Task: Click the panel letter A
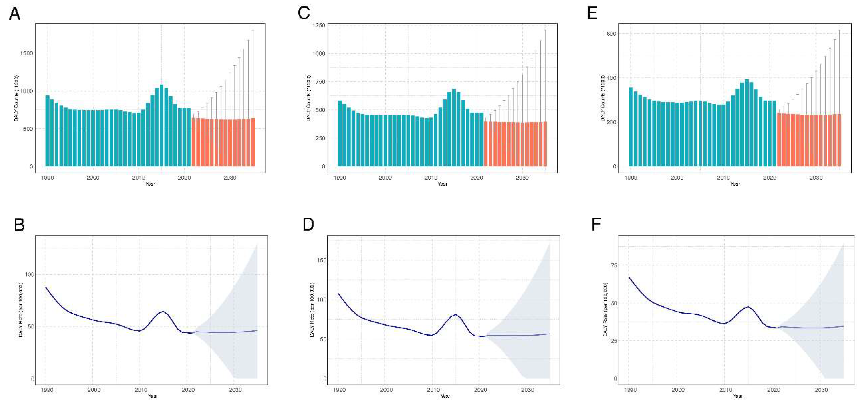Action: click(14, 14)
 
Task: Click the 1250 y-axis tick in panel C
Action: click(318, 25)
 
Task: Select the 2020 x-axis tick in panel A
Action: click(184, 178)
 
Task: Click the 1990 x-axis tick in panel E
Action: click(630, 178)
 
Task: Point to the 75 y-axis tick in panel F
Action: click(614, 265)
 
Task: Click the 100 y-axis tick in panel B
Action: click(29, 274)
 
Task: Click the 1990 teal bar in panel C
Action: click(340, 133)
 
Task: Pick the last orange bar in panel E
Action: click(839, 140)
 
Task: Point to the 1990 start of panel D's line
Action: click(338, 293)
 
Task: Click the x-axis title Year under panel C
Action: click(442, 184)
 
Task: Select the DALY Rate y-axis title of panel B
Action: click(21, 310)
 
